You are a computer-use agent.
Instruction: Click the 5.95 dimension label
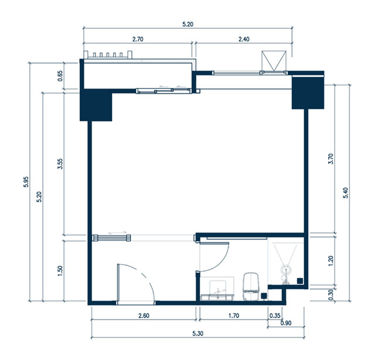click(26, 182)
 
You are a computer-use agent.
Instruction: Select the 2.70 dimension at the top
click(138, 39)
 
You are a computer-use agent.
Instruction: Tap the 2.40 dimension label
click(244, 39)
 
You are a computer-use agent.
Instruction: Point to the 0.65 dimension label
click(60, 76)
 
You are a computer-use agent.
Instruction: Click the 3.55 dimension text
click(60, 164)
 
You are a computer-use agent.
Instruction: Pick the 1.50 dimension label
click(60, 271)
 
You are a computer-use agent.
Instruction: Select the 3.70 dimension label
click(330, 159)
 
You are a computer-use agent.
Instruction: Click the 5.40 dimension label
click(346, 193)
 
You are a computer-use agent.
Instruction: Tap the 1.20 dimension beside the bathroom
click(330, 261)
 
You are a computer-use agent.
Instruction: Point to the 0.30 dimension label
click(330, 295)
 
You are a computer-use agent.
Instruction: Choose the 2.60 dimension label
click(144, 316)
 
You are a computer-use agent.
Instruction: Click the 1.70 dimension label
click(234, 316)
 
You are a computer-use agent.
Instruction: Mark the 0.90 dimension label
click(286, 323)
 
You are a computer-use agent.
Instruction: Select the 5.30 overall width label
click(198, 334)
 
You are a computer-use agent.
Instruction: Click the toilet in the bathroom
click(251, 286)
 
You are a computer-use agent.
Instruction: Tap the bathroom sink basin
click(217, 288)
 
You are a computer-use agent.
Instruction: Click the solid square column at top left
click(96, 105)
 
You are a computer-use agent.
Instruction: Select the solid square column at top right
click(308, 92)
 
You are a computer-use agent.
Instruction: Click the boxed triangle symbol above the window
click(274, 61)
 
